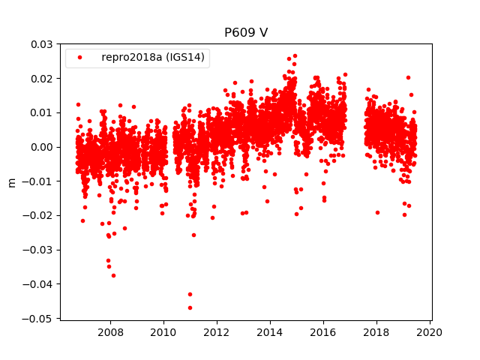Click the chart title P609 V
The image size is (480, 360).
click(x=247, y=33)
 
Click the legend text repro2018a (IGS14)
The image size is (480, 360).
click(x=154, y=58)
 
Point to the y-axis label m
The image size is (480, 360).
click(x=11, y=181)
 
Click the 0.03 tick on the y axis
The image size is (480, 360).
click(x=41, y=44)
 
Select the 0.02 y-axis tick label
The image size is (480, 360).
click(x=41, y=79)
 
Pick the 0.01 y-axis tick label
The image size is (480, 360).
click(x=41, y=112)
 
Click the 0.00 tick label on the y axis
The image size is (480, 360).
click(x=41, y=147)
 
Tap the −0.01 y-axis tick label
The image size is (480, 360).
click(x=39, y=181)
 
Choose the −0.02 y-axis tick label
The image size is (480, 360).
click(x=39, y=215)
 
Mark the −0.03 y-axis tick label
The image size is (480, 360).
click(x=39, y=250)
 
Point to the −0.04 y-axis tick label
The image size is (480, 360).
click(x=39, y=284)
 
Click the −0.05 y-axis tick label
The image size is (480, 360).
click(x=39, y=318)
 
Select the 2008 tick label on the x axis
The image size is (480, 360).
click(x=111, y=332)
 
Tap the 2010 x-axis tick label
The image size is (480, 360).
click(x=163, y=332)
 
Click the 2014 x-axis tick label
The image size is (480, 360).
click(x=270, y=332)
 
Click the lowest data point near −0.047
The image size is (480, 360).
click(x=190, y=307)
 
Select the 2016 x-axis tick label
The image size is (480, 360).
click(x=323, y=332)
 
